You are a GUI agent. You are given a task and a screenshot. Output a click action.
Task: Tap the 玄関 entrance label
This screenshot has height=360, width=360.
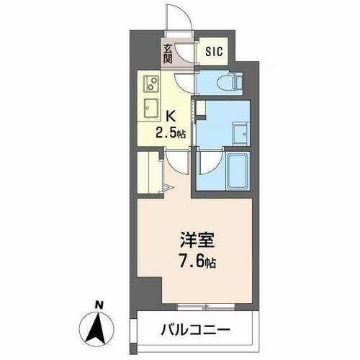167,54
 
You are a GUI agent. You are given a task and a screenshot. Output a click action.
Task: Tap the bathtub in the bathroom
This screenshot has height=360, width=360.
235,170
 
